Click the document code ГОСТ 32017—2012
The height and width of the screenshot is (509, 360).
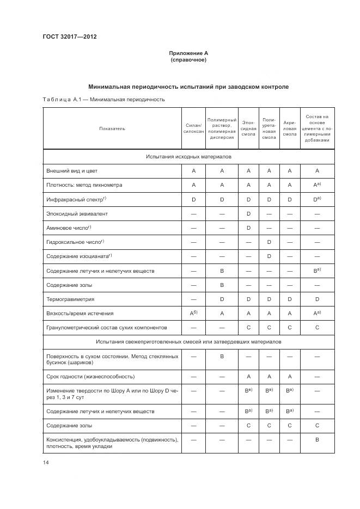pos(69,37)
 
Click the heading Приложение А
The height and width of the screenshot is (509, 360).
pos(188,53)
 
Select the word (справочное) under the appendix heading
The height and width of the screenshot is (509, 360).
pos(188,60)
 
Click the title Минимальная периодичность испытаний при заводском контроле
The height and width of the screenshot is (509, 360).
pos(188,87)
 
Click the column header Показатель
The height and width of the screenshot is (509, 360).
pos(112,128)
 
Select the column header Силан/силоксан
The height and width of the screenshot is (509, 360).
pos(193,128)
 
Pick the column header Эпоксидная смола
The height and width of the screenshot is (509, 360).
pos(248,128)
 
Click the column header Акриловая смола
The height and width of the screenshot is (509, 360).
pos(290,128)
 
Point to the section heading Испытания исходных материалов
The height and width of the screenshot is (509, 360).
pos(188,156)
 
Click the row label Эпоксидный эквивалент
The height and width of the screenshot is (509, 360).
pos(77,214)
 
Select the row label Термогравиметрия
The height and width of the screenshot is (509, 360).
pos(71,299)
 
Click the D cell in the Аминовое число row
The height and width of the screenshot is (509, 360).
pos(248,228)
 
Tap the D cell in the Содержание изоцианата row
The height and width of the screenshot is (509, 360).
pos(269,256)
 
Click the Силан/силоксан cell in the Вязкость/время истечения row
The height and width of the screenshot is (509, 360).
pos(193,313)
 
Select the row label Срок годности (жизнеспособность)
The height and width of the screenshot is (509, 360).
pos(90,377)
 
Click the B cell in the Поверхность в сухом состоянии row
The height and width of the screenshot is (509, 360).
pos(222,357)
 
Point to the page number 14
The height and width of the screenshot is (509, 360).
pos(46,463)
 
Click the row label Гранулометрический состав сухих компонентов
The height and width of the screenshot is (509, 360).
pos(107,328)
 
